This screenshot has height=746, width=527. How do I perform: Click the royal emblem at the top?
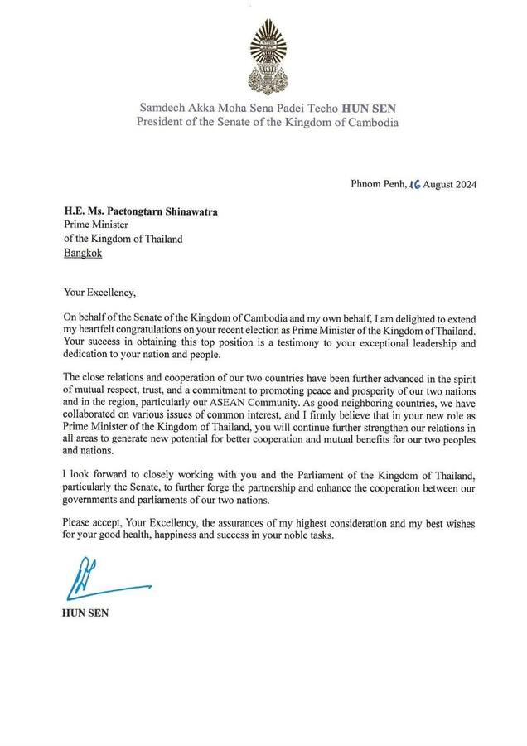(x=263, y=55)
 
